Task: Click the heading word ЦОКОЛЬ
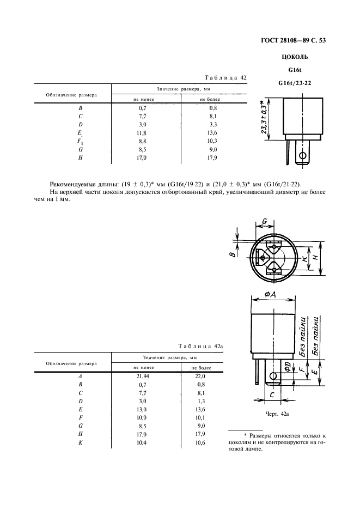coord(297,57)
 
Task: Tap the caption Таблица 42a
coord(201,347)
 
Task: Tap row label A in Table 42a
coord(80,377)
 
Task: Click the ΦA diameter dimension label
coord(272,294)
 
